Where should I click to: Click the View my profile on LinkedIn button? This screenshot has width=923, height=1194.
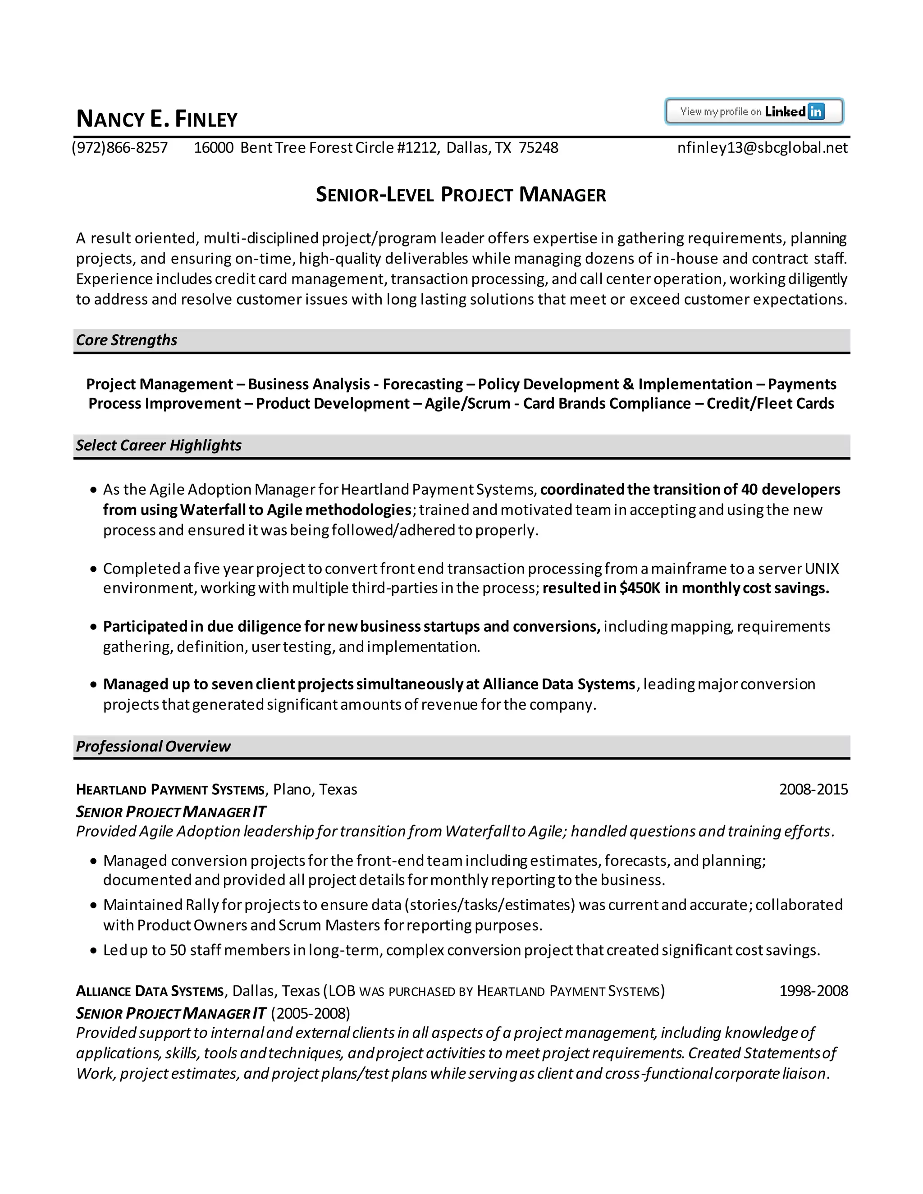(754, 112)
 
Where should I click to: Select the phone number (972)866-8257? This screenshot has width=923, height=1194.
(120, 148)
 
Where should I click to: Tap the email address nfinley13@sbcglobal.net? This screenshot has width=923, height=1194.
(762, 148)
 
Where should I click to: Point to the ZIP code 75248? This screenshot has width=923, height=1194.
(539, 148)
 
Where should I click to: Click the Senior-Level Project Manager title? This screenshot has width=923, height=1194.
(461, 195)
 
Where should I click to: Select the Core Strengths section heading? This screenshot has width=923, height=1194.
(127, 340)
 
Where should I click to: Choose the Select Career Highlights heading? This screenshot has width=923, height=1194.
(159, 445)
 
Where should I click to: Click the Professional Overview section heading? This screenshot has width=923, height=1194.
(153, 746)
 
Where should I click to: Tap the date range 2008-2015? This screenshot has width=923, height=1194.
(813, 789)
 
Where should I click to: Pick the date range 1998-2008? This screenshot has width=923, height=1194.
(813, 991)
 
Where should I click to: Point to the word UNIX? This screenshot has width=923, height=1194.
(822, 569)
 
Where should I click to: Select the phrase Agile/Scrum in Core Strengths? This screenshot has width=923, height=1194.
(467, 403)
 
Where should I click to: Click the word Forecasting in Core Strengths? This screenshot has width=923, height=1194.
(423, 384)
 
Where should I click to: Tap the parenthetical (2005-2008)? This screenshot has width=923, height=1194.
(310, 1013)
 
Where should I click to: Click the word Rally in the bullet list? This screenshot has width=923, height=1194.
(202, 905)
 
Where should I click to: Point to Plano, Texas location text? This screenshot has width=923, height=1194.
(315, 789)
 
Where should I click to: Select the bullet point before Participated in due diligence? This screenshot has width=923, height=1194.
(93, 627)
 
